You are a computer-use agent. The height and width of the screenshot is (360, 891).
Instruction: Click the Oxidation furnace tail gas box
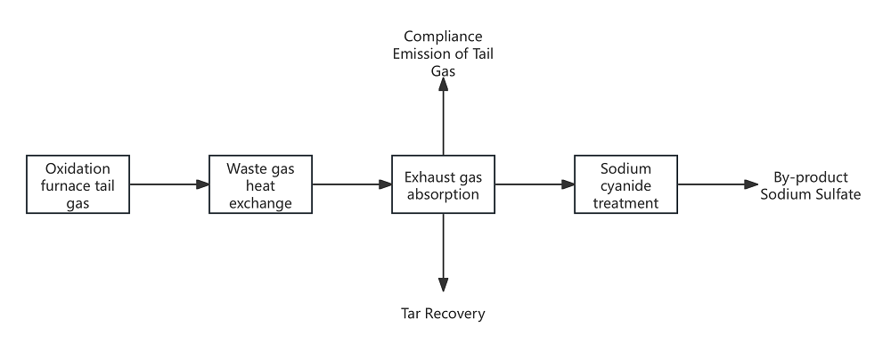[78, 184]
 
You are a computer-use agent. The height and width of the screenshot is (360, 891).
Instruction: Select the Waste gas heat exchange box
[260, 184]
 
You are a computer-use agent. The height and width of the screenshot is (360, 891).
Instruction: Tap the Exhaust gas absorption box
[443, 184]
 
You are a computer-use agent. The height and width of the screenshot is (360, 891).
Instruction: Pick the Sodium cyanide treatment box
[625, 184]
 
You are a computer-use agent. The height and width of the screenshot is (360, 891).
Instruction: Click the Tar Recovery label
[443, 314]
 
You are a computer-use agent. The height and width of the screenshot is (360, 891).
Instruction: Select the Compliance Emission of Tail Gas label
[443, 53]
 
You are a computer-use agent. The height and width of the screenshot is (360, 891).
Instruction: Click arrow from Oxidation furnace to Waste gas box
[168, 184]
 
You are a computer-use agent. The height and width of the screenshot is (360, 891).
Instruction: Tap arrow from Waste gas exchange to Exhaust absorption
[351, 184]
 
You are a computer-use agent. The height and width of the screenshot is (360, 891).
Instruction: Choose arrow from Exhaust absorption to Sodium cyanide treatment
[534, 184]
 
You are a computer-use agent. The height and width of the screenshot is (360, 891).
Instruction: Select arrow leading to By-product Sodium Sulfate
[716, 184]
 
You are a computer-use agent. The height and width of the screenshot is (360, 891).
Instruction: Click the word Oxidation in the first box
[78, 168]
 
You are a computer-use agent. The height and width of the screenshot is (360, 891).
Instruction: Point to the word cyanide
[625, 185]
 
